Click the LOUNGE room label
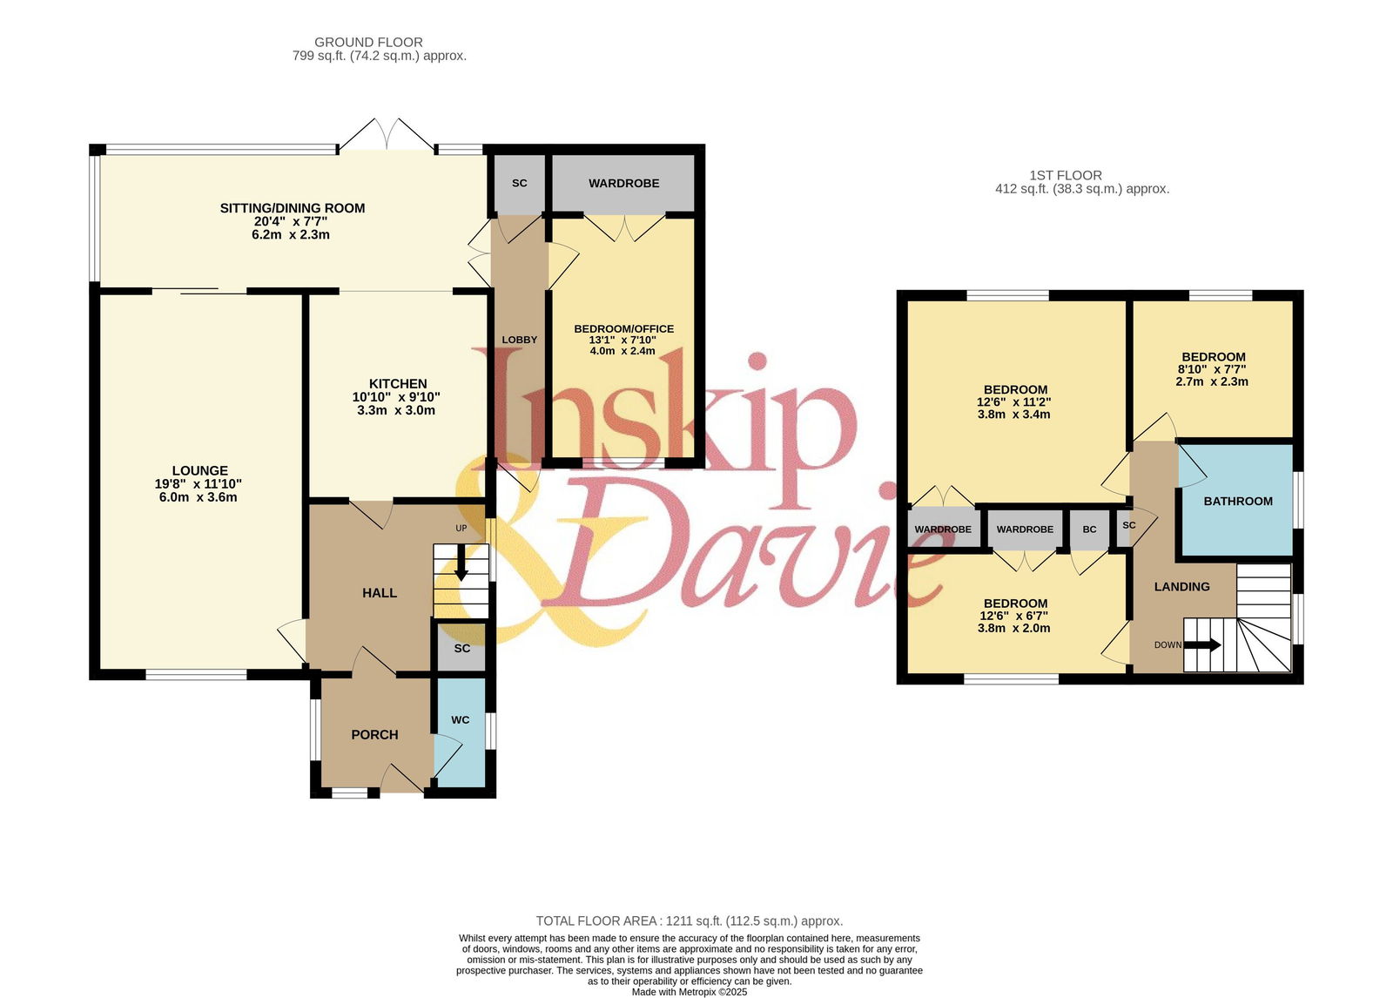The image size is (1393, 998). click(200, 471)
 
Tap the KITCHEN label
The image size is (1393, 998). click(398, 384)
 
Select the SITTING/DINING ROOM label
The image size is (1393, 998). click(293, 208)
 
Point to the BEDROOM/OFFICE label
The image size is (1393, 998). click(623, 328)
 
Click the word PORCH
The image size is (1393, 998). click(374, 735)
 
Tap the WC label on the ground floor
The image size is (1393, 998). click(461, 720)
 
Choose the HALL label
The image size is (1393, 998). click(380, 593)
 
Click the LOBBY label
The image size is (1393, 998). click(519, 340)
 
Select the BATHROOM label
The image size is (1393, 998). click(1238, 502)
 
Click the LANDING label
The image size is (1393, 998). click(1181, 587)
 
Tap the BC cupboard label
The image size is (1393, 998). click(1089, 529)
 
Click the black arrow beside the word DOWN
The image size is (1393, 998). click(1202, 645)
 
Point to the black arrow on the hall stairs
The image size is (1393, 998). click(461, 563)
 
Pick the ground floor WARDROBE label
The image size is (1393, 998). click(623, 184)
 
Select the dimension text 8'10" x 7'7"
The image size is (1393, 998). click(1212, 369)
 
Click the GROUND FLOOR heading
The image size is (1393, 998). click(369, 43)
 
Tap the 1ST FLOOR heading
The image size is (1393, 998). click(1066, 175)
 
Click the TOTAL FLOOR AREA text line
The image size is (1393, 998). click(690, 920)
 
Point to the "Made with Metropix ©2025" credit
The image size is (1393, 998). click(690, 993)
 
